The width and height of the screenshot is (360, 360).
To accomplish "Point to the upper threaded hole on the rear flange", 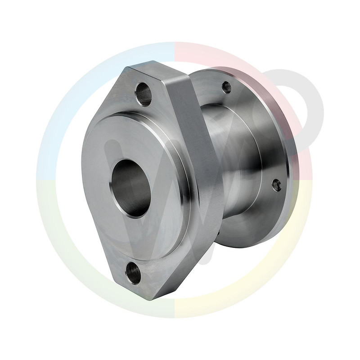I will (227, 87).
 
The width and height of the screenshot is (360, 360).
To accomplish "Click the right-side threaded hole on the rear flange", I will (277, 184).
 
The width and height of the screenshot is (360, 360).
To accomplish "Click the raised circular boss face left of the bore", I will (97, 180).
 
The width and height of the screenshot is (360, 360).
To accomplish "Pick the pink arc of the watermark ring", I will (216, 54).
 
